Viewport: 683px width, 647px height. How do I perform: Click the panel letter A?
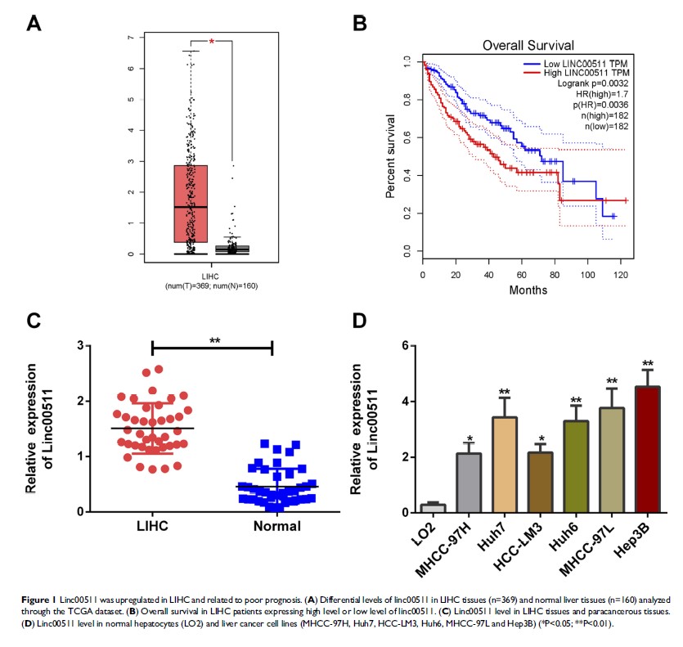[34, 23]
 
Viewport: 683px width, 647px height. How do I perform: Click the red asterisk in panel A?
[211, 42]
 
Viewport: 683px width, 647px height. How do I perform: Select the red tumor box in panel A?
[191, 204]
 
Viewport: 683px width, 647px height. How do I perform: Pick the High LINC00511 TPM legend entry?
[582, 73]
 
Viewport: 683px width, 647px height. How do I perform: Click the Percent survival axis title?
[392, 155]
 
